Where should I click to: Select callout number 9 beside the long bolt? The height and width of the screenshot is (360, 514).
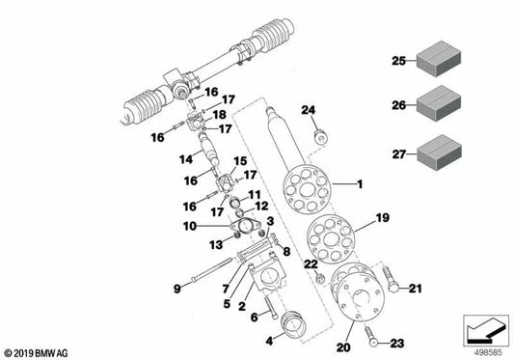pos(176,287)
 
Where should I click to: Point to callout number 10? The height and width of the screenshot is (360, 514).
pos(191,226)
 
